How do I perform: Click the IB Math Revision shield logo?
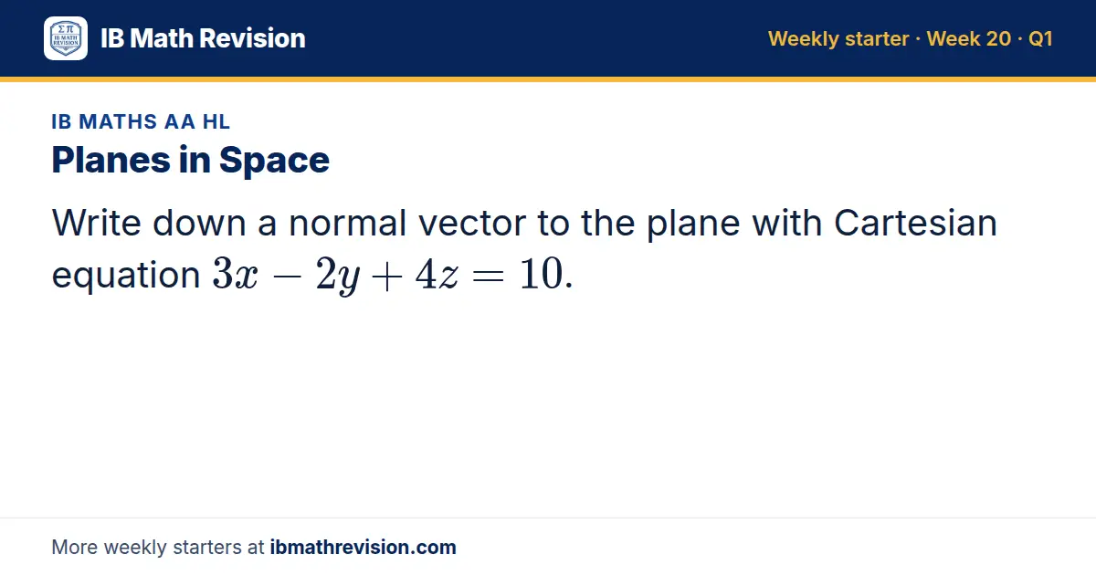(66, 38)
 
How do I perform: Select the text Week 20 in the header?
(969, 38)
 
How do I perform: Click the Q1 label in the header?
(1040, 38)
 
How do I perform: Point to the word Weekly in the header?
(804, 39)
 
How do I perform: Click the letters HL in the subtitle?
(216, 121)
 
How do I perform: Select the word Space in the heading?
(274, 161)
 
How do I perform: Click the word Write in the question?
(97, 223)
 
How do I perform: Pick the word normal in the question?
(348, 223)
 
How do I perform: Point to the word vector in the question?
(472, 224)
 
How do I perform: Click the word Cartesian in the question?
(915, 223)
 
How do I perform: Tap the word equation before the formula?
(126, 276)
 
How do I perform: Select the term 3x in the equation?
(235, 274)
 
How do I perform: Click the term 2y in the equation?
(338, 277)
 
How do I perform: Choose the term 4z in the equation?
(437, 274)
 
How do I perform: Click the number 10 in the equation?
(541, 274)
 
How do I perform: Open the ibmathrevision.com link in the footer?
(364, 547)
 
